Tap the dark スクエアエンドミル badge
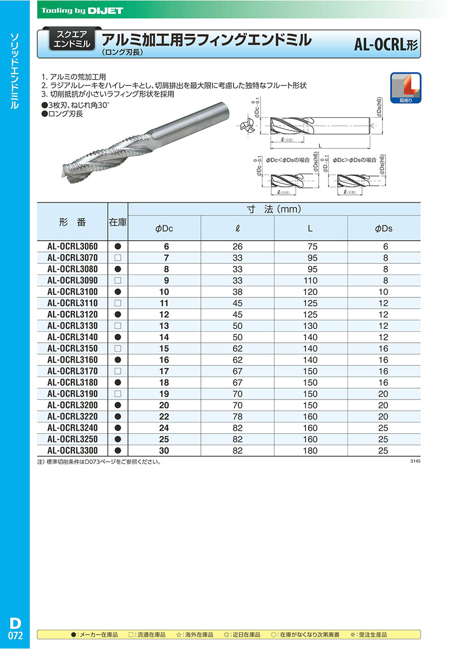(71, 39)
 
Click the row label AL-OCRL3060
(72, 246)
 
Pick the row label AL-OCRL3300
(72, 451)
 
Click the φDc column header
(164, 229)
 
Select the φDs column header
(384, 229)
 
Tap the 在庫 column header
(117, 222)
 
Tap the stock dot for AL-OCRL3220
(117, 417)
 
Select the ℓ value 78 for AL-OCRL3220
(237, 417)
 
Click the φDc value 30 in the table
(164, 451)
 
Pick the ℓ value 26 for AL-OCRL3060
(237, 246)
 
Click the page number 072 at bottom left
(15, 636)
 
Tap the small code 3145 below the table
(415, 461)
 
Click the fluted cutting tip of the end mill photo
(74, 171)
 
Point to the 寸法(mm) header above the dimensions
(274, 209)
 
